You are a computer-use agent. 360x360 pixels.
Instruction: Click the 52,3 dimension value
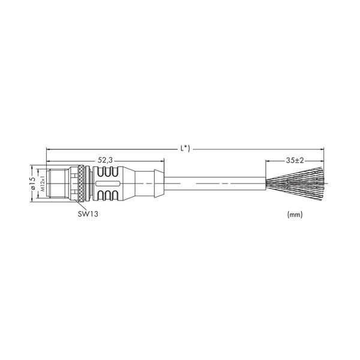[105, 160]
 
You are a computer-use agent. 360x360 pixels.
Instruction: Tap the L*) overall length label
[185, 149]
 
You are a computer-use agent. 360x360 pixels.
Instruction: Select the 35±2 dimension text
[295, 160]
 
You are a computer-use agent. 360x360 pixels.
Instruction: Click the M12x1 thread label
[43, 184]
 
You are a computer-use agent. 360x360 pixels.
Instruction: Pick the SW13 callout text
[88, 214]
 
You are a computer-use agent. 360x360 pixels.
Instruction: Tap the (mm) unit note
[295, 214]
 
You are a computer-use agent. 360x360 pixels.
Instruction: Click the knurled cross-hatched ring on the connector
[81, 184]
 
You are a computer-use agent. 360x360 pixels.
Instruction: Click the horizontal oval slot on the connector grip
[107, 184]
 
